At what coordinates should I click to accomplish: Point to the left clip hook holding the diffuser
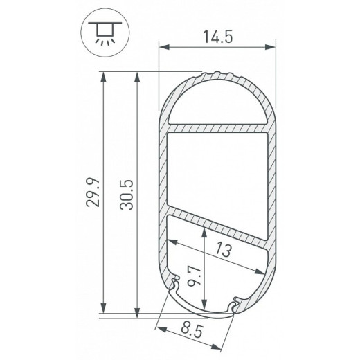tap(174, 284)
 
